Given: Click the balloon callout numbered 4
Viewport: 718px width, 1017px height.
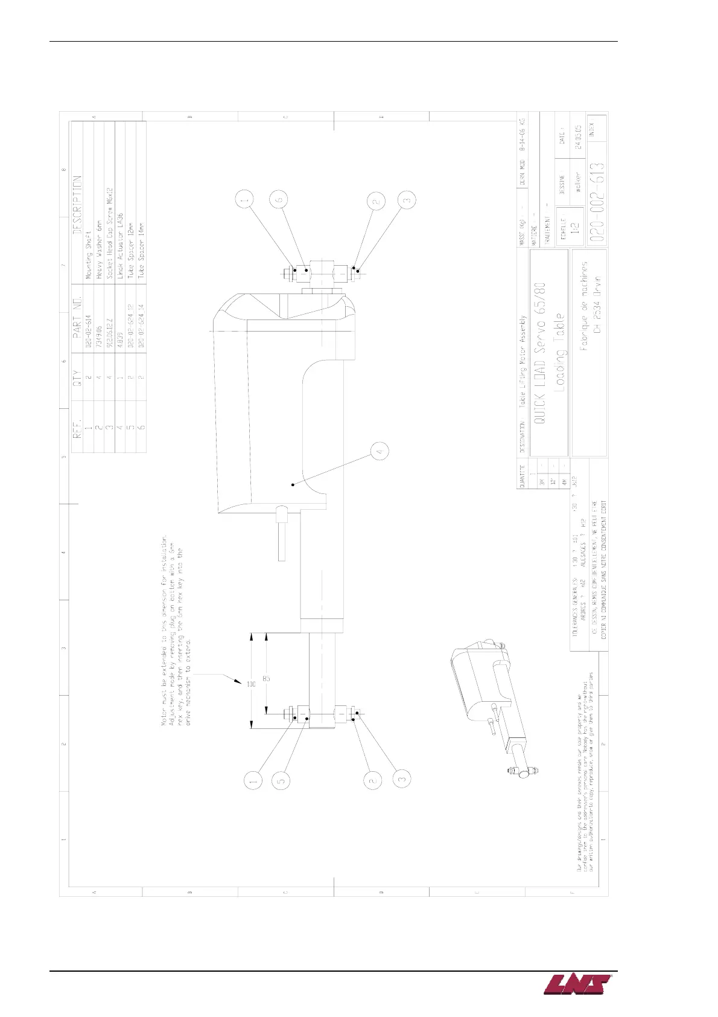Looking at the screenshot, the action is point(380,451).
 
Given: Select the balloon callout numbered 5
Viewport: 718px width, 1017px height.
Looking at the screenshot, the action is point(280,780).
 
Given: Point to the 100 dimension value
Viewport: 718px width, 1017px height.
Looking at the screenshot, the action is point(251,684).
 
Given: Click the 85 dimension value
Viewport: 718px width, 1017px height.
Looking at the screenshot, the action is point(266,679).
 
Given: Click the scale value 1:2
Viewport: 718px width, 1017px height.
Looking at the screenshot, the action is point(574,228).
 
